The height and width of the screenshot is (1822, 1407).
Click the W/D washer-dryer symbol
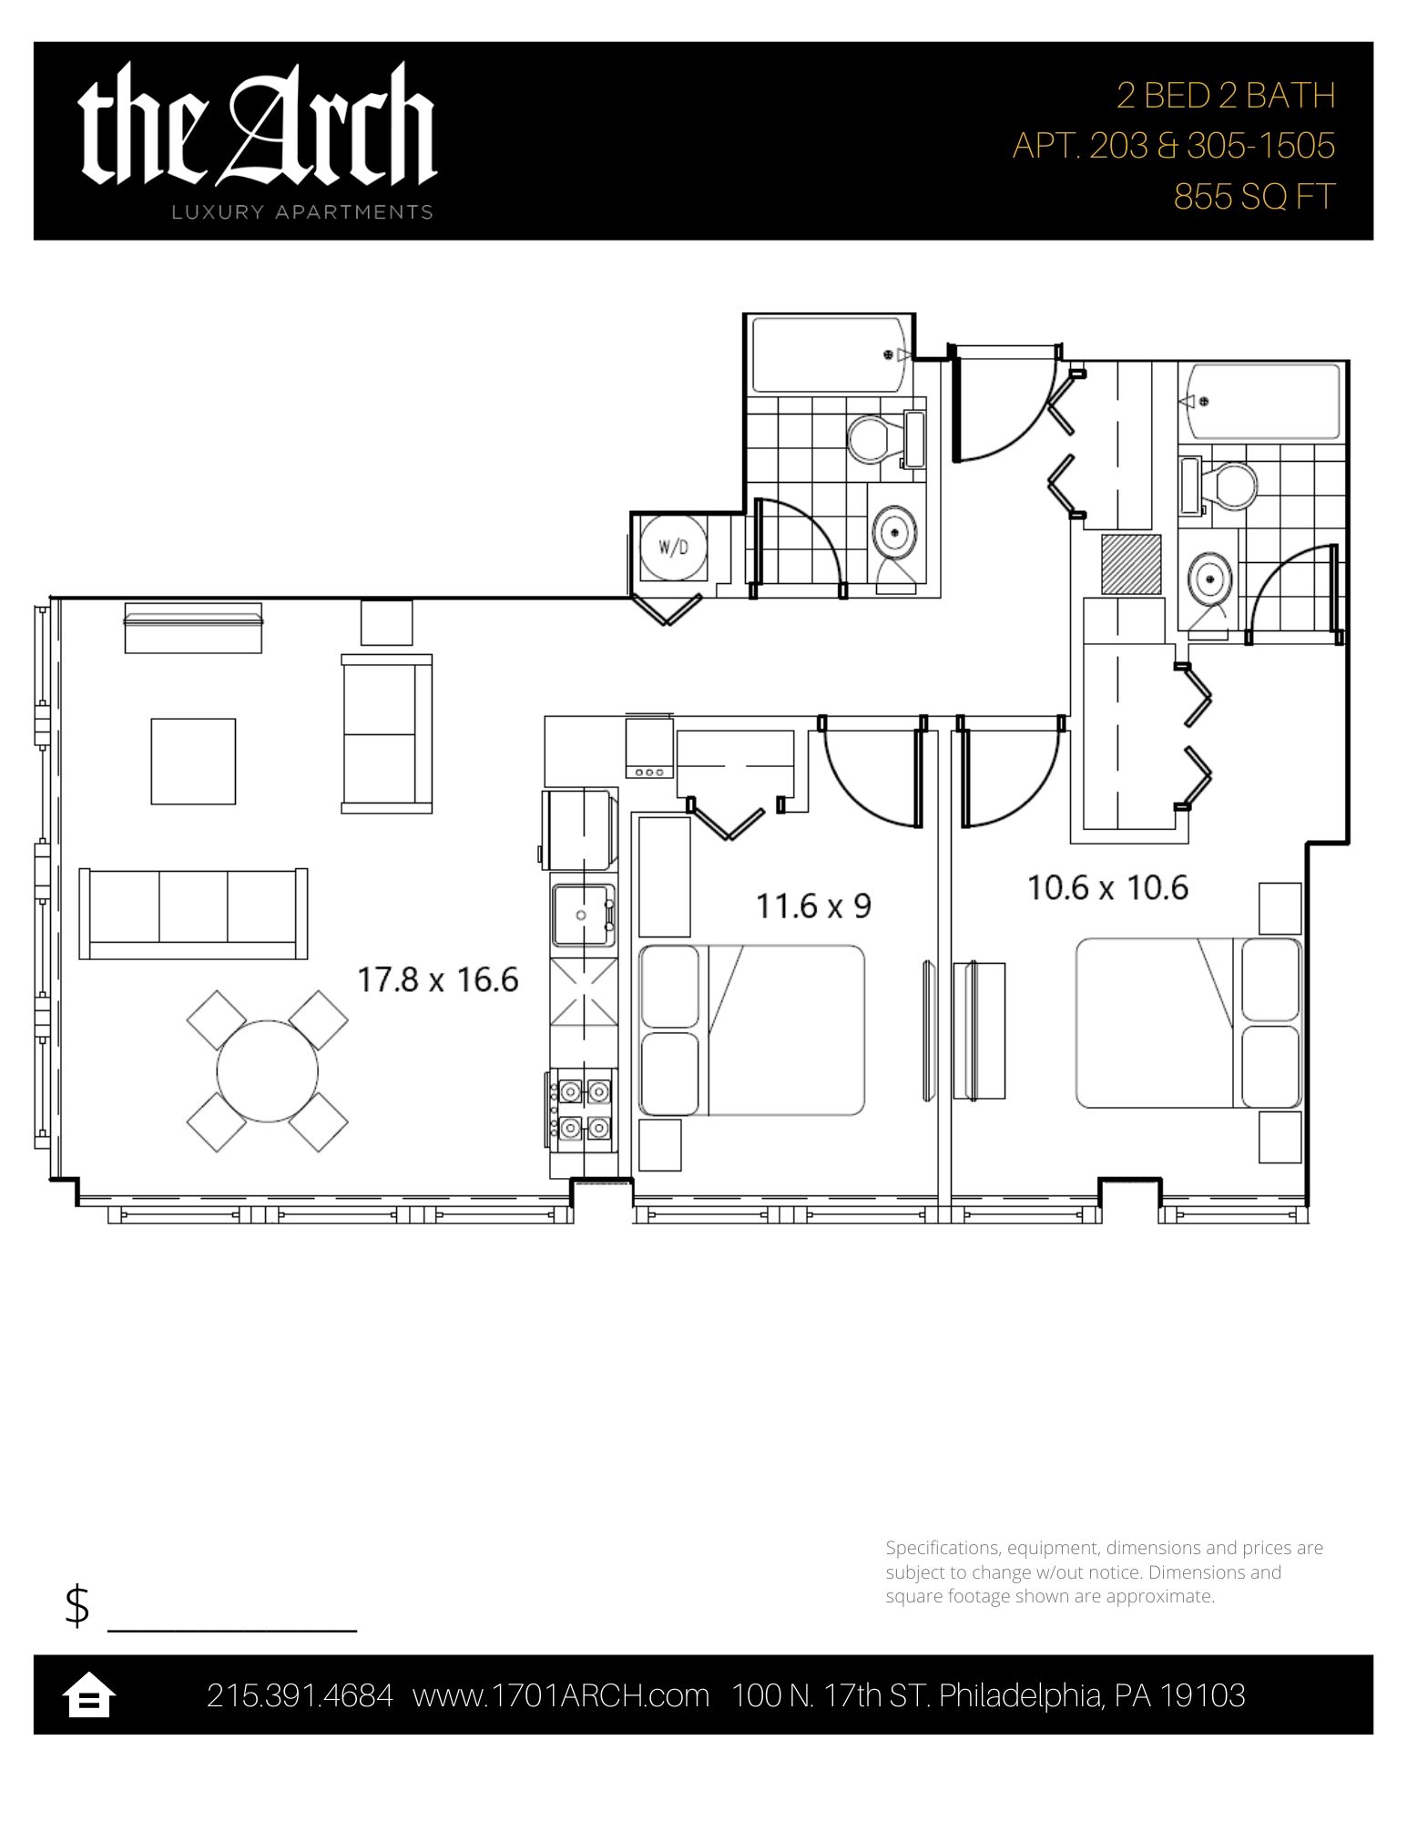(674, 547)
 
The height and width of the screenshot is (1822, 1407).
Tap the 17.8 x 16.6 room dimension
(438, 980)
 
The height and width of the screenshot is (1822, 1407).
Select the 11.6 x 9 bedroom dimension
(813, 906)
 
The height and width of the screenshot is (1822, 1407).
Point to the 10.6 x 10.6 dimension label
(1107, 886)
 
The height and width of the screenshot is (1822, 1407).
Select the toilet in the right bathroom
(1218, 486)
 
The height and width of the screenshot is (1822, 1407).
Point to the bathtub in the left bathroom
(828, 354)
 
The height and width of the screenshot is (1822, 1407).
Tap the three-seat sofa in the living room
(193, 914)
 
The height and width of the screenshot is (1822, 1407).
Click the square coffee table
(193, 761)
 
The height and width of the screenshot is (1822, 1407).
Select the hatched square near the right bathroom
(1131, 565)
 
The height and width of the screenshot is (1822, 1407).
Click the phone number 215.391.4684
(300, 1695)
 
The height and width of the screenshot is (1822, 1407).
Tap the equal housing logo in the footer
(88, 1695)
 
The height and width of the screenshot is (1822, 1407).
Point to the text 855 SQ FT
(1254, 197)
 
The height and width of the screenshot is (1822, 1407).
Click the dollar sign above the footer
(77, 1605)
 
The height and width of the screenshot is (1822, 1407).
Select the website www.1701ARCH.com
(561, 1695)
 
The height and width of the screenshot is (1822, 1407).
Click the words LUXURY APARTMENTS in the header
(302, 212)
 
